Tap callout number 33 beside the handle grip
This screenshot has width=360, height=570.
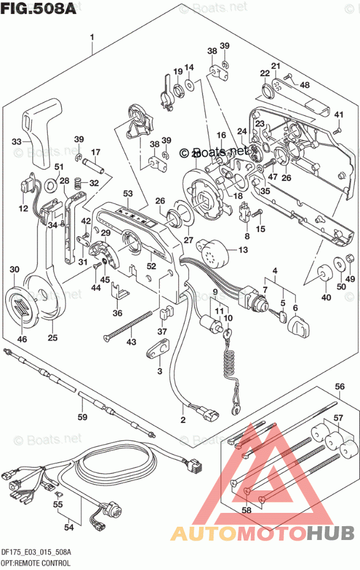click(17, 141)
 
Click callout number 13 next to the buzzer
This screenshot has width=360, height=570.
click(242, 249)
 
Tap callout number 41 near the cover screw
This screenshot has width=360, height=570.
click(339, 114)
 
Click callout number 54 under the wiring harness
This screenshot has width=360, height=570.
click(68, 526)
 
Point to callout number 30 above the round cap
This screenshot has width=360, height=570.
click(14, 269)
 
